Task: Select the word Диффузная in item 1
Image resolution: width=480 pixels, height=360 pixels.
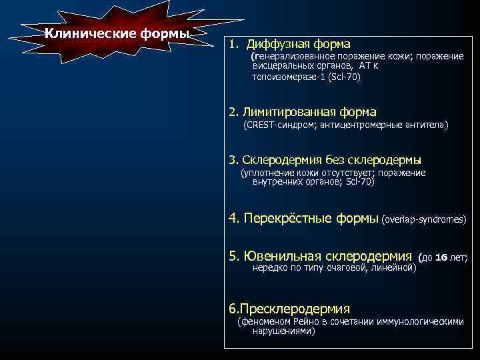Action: point(277,44)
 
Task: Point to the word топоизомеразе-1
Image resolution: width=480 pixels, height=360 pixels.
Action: point(285,77)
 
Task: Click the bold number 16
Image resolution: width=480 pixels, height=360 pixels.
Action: point(441,257)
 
